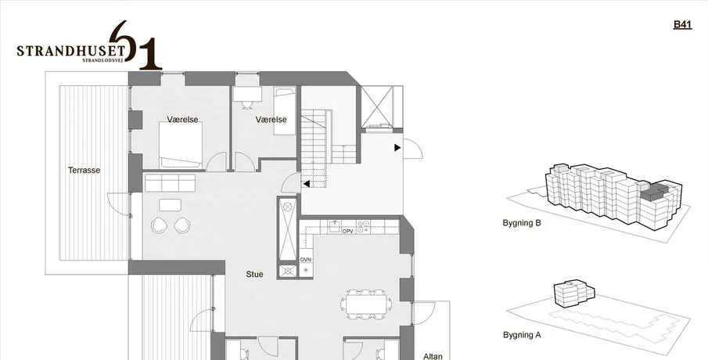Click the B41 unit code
click(x=682, y=24)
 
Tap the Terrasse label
click(x=84, y=171)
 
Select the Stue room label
click(x=255, y=274)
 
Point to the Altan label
click(x=433, y=356)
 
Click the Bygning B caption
click(x=522, y=223)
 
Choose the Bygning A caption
click(x=522, y=335)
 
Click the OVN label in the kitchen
click(x=306, y=260)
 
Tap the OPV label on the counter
click(x=347, y=232)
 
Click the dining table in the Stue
click(x=366, y=304)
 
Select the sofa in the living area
click(x=171, y=183)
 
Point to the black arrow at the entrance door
click(x=397, y=148)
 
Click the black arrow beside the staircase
click(x=307, y=184)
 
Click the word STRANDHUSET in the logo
click(x=71, y=49)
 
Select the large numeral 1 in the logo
click(x=149, y=53)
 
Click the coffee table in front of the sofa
click(x=170, y=205)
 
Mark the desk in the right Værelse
click(x=247, y=93)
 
